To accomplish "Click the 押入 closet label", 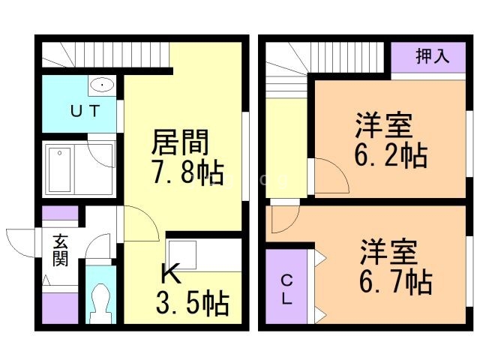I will tap(432, 57).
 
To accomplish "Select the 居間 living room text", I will tap(180, 141).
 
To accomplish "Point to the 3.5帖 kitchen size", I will tap(192, 304).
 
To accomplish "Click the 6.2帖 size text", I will tap(390, 156).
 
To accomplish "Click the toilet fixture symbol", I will tap(100, 303).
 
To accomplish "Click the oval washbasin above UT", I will tap(100, 85).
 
